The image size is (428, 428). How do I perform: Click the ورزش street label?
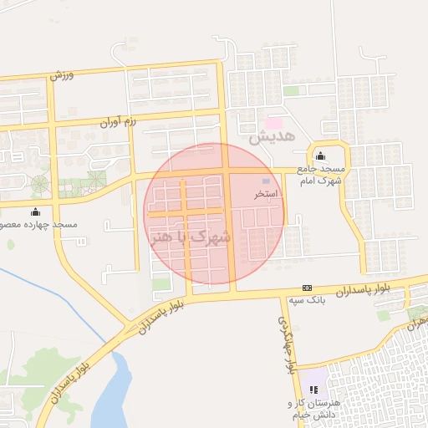(62, 74)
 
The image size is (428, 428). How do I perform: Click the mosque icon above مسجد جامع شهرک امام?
(320, 155)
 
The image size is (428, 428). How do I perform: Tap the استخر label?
(266, 193)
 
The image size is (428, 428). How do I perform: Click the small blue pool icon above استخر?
(267, 181)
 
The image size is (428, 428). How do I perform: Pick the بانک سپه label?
(306, 298)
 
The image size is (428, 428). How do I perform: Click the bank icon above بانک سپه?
(307, 287)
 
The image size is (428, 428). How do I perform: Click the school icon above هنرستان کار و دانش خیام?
(314, 390)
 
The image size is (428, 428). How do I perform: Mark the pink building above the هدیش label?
(273, 123)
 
